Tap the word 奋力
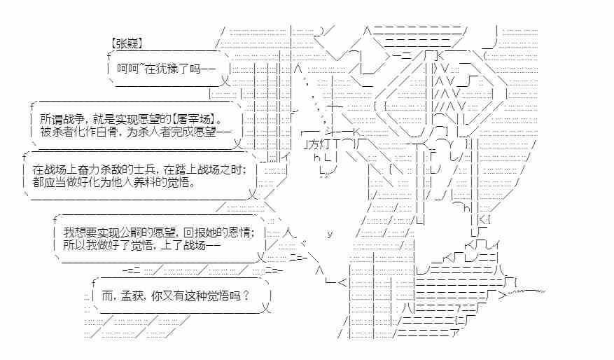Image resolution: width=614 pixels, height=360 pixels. [81, 169]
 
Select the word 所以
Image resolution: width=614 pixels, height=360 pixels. [73, 245]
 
